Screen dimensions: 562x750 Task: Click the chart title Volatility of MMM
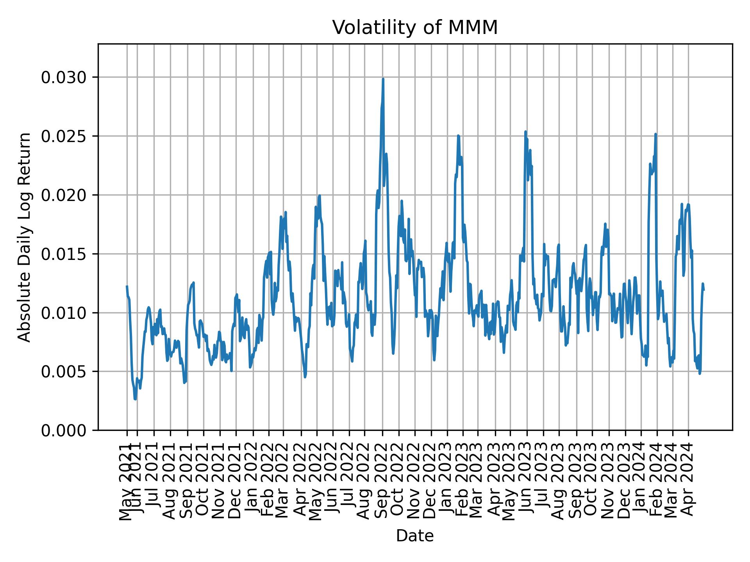(x=415, y=28)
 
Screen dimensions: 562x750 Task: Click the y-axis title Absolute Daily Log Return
(x=25, y=237)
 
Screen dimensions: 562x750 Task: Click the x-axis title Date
(x=415, y=536)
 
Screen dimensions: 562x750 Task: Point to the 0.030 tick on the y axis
(x=64, y=77)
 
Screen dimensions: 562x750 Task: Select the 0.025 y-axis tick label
(x=64, y=136)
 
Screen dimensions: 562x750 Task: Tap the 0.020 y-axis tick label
(x=64, y=195)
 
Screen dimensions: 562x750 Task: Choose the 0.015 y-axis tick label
(x=64, y=254)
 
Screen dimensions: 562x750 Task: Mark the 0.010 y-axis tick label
(x=64, y=313)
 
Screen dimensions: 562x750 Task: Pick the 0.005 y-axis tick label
(x=64, y=372)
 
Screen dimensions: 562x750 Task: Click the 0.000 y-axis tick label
(x=64, y=430)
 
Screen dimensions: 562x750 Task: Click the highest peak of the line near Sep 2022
(x=383, y=79)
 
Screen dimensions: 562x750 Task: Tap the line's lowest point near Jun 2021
(x=135, y=399)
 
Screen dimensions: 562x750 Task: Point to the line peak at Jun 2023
(x=525, y=132)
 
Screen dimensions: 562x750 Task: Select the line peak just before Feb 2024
(x=655, y=134)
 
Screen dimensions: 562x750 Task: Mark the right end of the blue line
(x=704, y=290)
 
